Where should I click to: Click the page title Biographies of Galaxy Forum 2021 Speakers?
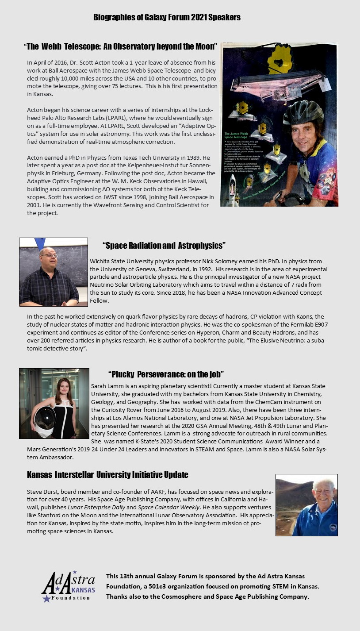pos(167,17)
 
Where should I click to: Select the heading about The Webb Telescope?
pos(121,46)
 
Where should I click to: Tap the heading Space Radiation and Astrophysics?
pos(164,245)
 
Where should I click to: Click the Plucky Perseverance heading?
pos(166,374)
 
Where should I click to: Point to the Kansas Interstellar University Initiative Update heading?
pos(107,475)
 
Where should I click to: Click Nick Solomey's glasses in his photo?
pos(48,256)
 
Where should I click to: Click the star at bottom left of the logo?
pos(46,599)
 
